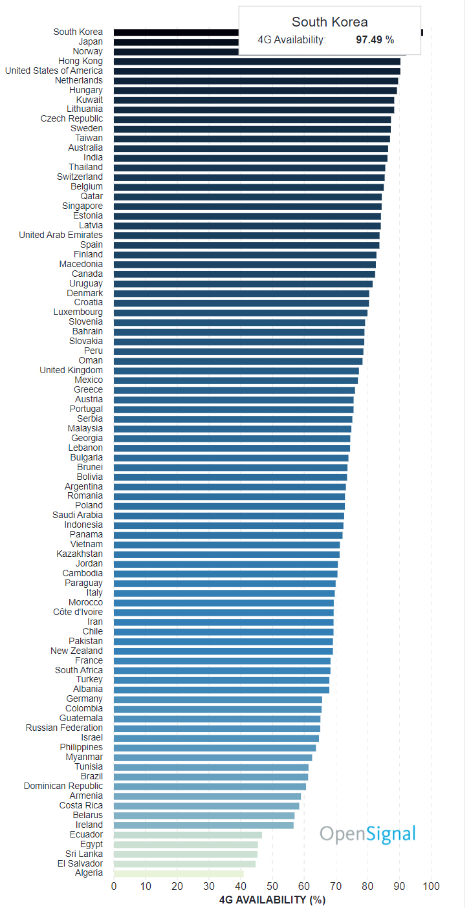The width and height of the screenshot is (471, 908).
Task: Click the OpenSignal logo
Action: click(367, 834)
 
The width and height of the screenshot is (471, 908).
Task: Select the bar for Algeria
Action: click(179, 873)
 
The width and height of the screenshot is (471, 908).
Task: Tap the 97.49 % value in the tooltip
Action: click(375, 40)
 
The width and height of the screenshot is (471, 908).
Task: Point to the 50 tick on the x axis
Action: click(272, 886)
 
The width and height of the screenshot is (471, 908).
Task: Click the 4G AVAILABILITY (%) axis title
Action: click(272, 900)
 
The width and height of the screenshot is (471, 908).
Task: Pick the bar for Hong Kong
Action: click(257, 61)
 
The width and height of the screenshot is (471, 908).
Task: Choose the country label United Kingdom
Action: click(71, 370)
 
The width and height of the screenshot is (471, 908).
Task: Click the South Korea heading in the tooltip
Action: click(329, 23)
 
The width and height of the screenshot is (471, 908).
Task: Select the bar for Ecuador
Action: click(188, 834)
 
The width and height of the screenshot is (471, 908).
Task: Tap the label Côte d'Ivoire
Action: click(78, 612)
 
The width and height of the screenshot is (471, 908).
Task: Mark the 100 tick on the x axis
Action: click(431, 886)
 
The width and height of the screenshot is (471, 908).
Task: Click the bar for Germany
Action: click(218, 699)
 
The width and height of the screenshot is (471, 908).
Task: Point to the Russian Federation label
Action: click(64, 728)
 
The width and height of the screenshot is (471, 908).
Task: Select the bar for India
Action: click(250, 158)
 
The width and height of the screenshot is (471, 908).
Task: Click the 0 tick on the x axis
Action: click(114, 886)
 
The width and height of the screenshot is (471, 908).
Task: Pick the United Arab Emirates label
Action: click(61, 235)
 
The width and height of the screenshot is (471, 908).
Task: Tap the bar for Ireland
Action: click(204, 825)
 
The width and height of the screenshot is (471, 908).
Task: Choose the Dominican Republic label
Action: click(63, 786)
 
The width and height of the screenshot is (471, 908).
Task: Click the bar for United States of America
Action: click(257, 70)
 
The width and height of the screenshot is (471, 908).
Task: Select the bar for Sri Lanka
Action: click(186, 854)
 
